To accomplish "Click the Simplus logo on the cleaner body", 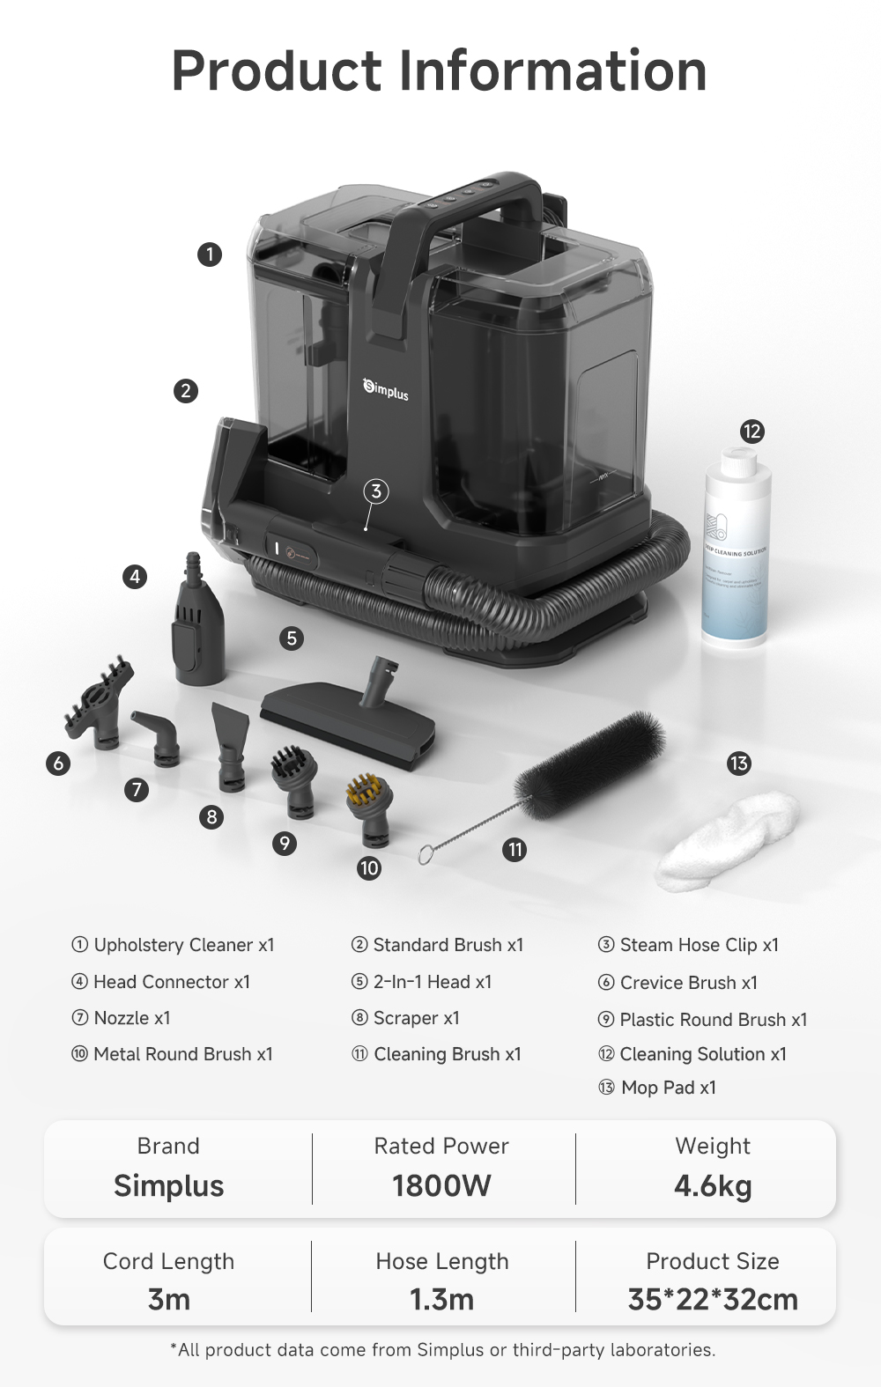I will (x=386, y=388).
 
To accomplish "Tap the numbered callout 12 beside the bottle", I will (x=751, y=432).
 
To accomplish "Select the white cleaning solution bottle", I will (x=737, y=550).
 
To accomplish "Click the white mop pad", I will (x=729, y=841).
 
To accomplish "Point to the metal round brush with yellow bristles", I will (x=366, y=806).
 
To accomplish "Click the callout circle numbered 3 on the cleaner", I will (x=376, y=491).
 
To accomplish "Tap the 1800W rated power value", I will (x=441, y=1185).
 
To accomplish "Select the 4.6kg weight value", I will (x=713, y=1185).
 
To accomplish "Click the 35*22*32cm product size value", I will (x=713, y=1299).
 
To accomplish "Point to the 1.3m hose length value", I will (x=441, y=1299).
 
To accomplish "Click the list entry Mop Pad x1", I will (x=668, y=1088).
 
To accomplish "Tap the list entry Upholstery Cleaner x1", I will (x=183, y=945).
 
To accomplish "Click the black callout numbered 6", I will (x=58, y=763).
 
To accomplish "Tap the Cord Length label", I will (x=168, y=1261).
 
